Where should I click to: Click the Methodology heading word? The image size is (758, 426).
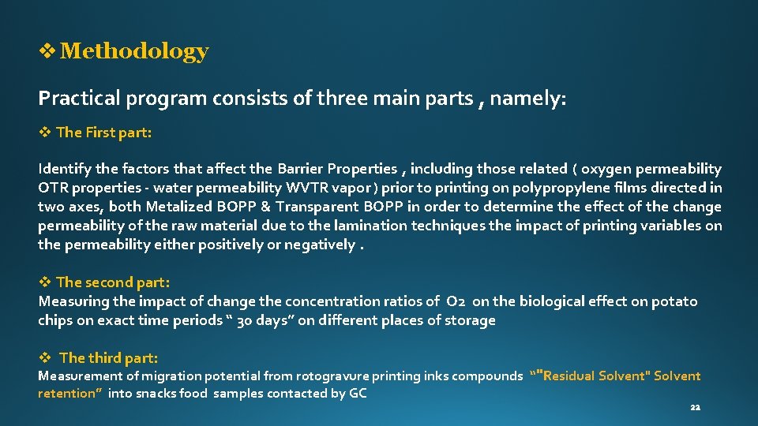coord(134,52)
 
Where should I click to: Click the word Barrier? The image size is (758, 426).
coord(301,169)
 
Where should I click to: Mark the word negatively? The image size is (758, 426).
coord(320,245)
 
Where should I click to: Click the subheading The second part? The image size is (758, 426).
coord(113,282)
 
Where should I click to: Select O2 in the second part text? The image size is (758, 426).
coord(456,301)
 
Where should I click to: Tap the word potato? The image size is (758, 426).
coord(674,301)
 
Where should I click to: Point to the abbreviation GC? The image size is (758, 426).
coord(358,394)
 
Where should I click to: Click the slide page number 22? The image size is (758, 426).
coord(695,408)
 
